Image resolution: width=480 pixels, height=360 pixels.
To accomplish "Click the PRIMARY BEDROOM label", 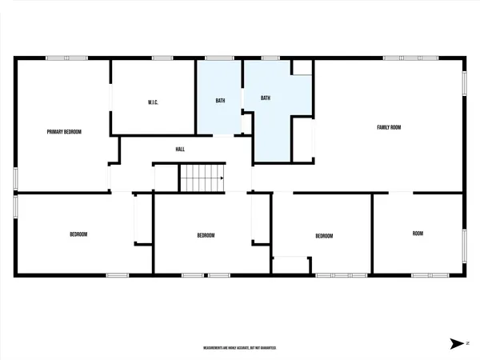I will [x=64, y=131].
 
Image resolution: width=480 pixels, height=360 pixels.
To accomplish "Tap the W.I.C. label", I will [x=154, y=102].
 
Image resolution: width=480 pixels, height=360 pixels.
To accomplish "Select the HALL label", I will [x=181, y=149].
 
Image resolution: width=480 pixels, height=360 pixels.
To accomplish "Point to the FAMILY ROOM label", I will [x=389, y=127].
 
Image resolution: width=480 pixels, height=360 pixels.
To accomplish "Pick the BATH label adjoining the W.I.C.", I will [x=220, y=101].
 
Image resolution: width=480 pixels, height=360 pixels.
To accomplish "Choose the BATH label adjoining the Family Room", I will [x=266, y=98].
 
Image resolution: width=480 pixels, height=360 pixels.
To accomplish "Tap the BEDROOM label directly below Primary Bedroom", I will [x=78, y=234].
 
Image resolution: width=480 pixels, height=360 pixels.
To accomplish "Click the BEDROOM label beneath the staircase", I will [x=206, y=235].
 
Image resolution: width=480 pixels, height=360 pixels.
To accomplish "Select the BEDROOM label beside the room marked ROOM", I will [x=323, y=236].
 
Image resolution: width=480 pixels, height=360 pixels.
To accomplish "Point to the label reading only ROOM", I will [x=418, y=234].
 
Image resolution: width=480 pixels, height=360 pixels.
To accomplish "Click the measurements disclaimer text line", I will [x=239, y=348].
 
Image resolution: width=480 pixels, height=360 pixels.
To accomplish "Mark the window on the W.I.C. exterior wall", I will [x=163, y=58].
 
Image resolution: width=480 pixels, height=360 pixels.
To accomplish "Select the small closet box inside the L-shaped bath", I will [x=302, y=66].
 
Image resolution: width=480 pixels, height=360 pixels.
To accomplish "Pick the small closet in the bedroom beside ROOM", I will [x=290, y=266].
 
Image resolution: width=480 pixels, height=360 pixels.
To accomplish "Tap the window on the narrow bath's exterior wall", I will [x=219, y=58].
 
